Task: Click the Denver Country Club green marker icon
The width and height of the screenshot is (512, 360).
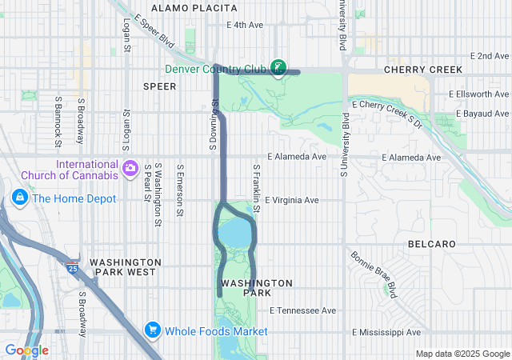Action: pyautogui.click(x=278, y=67)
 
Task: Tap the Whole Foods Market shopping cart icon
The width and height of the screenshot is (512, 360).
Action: pyautogui.click(x=152, y=330)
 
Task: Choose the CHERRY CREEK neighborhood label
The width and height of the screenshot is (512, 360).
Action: pyautogui.click(x=423, y=70)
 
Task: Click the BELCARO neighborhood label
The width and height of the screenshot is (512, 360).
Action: pyautogui.click(x=431, y=243)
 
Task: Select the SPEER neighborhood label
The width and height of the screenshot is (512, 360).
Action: pyautogui.click(x=159, y=86)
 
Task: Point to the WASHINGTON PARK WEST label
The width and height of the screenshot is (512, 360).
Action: pyautogui.click(x=126, y=267)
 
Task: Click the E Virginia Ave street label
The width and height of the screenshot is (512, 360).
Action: pyautogui.click(x=292, y=200)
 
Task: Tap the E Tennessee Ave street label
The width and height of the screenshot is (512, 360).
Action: pyautogui.click(x=303, y=310)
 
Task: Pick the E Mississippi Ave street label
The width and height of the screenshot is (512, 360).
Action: pyautogui.click(x=386, y=332)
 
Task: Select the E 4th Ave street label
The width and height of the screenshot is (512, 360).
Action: pyautogui.click(x=245, y=25)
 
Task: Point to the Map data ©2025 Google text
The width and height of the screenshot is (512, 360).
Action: pyautogui.click(x=462, y=354)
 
